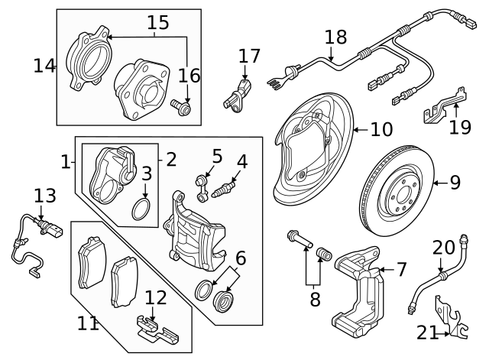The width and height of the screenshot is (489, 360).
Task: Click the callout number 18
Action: (335, 37)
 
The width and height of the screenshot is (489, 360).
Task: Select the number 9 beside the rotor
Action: (455, 182)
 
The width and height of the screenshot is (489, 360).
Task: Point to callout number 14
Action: (44, 66)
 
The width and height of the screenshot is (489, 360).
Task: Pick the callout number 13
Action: (45, 196)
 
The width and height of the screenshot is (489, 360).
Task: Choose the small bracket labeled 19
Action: (439, 106)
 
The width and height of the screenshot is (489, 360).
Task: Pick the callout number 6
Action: (241, 258)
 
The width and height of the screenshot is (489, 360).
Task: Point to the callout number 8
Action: (315, 299)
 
